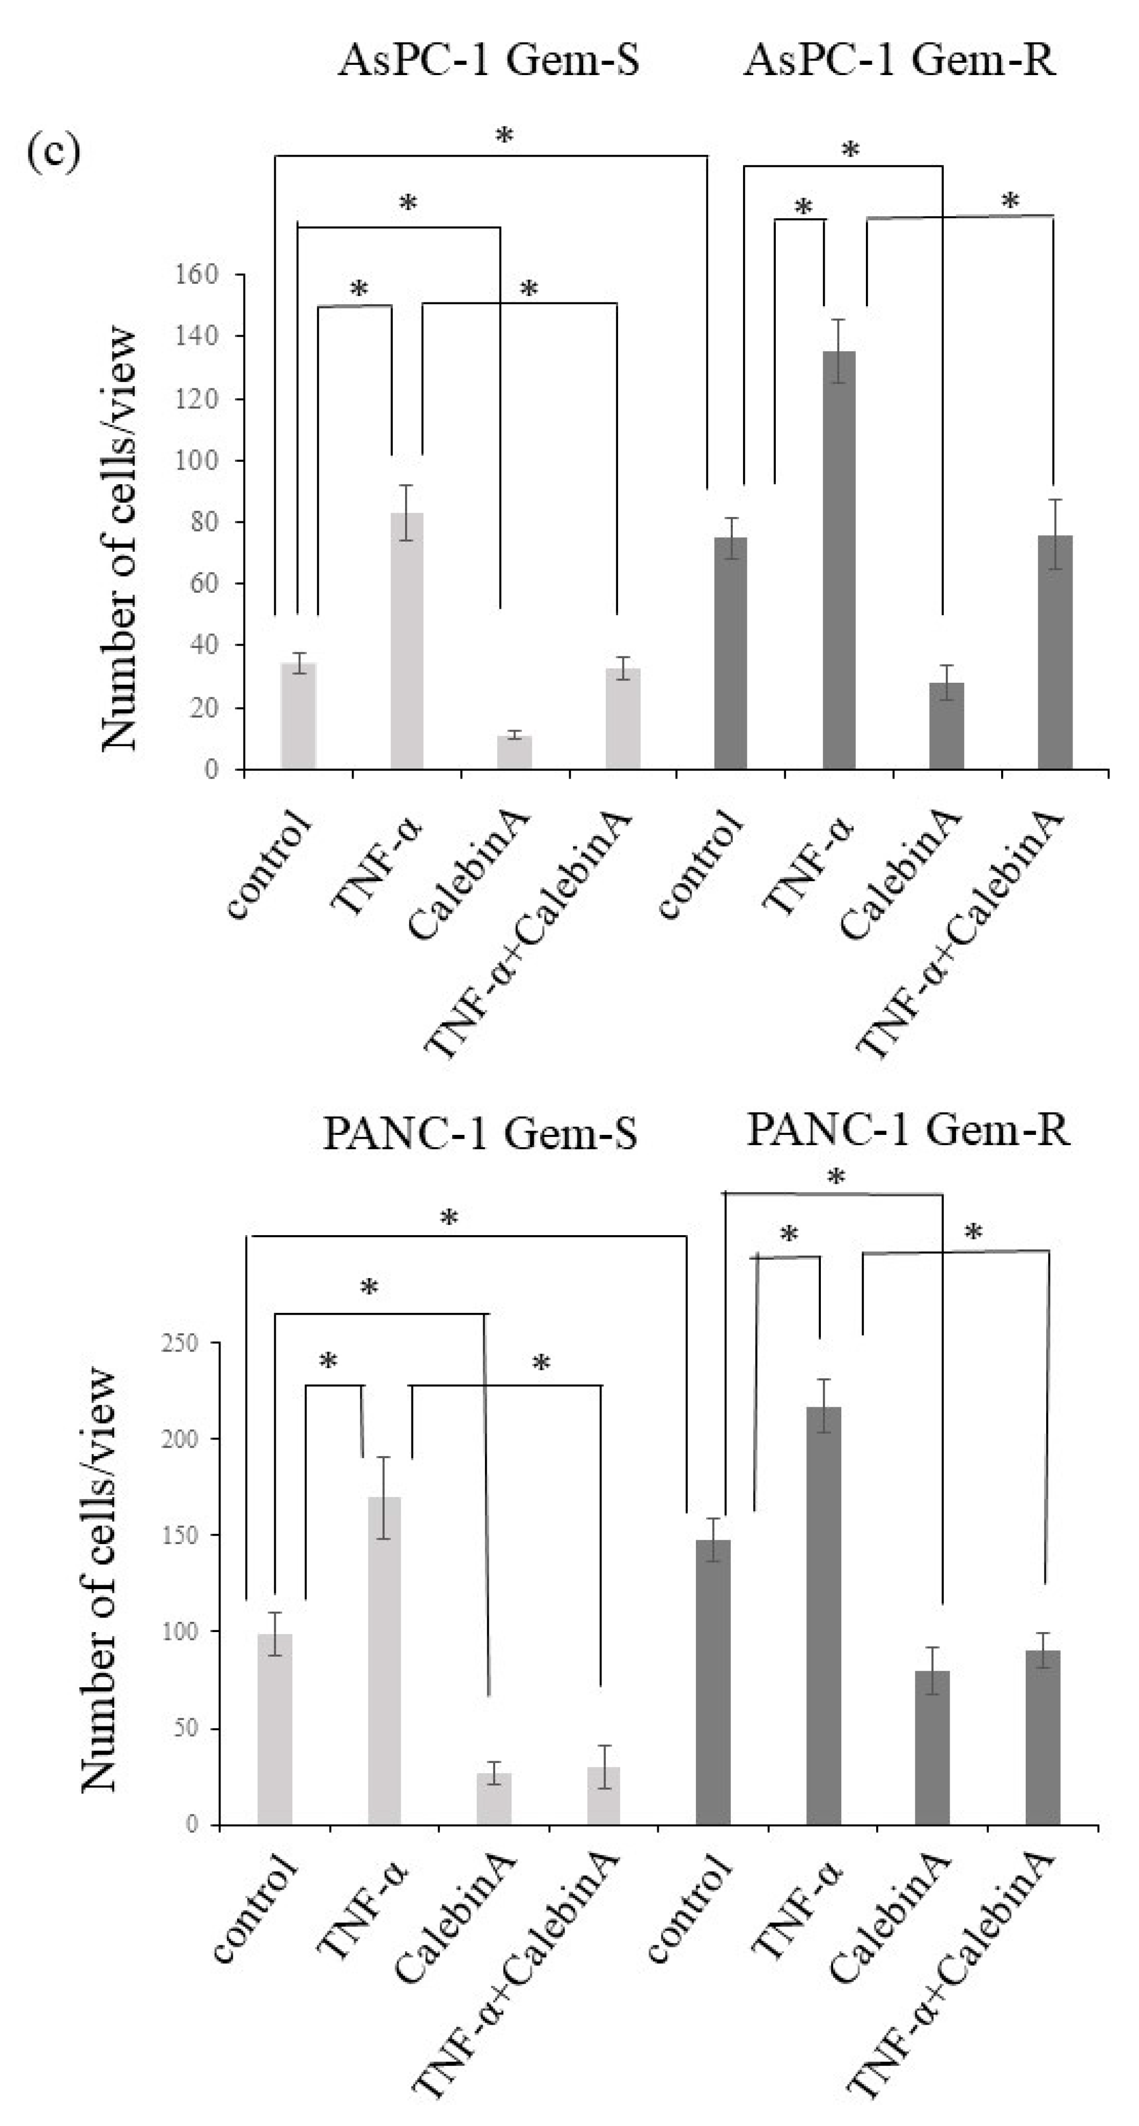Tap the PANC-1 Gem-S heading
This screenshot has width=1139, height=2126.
480,1134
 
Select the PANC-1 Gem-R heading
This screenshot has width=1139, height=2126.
908,1129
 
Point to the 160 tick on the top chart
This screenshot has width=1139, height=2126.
196,274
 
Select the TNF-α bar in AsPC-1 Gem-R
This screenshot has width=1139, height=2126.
839,561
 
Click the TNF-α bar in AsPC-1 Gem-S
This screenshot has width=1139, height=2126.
406,641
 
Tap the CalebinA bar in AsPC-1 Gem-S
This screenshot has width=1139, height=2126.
514,752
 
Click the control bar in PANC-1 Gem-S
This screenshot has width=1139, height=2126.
274,1730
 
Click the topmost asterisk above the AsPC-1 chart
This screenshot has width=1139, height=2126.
503,136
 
